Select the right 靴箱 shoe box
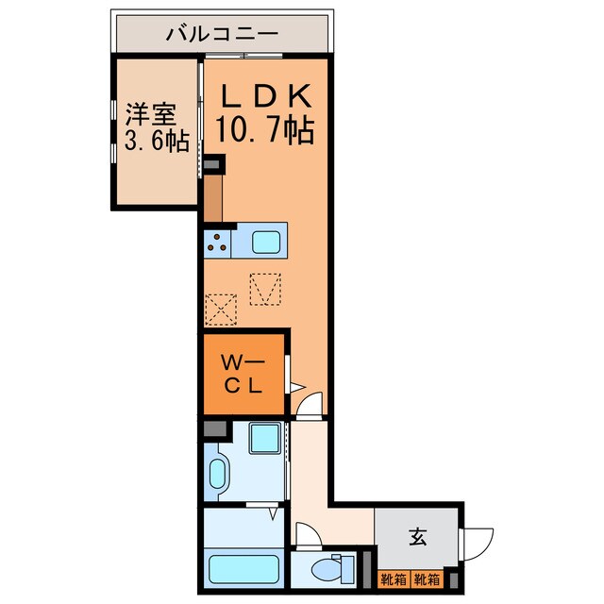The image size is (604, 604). coord(427,579)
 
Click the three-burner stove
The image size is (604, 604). coord(217,243)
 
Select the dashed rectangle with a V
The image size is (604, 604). coord(265,289)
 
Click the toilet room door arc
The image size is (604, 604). coord(307,534)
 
